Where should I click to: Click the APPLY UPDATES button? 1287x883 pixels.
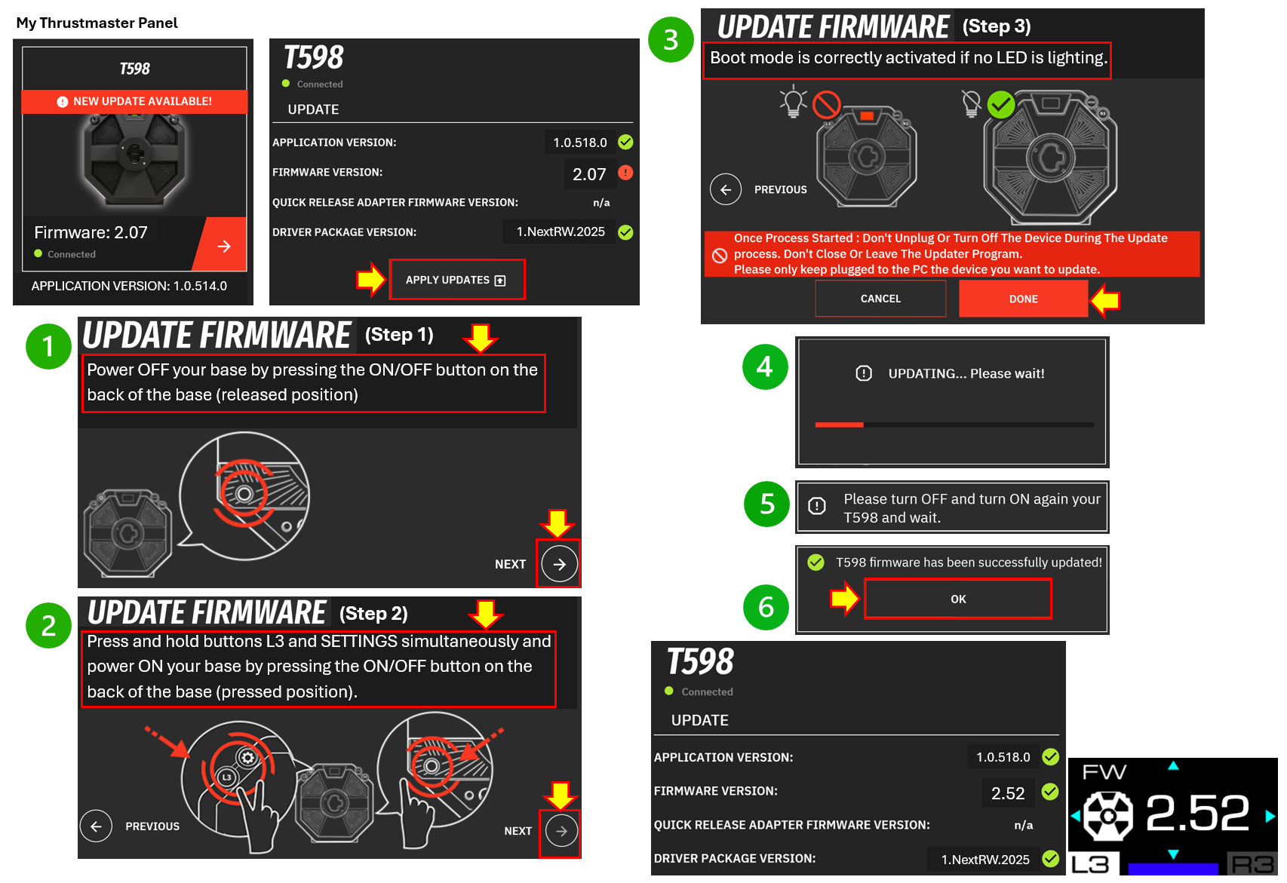(x=456, y=280)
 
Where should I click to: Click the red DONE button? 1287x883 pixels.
(x=1023, y=299)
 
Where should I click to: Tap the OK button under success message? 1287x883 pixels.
(x=957, y=599)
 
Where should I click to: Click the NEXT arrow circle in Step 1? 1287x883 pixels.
(x=559, y=564)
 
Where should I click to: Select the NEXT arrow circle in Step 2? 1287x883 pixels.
(x=561, y=831)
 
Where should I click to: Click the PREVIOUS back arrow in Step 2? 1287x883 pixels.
(x=97, y=826)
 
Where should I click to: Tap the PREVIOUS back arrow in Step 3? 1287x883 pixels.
(x=726, y=189)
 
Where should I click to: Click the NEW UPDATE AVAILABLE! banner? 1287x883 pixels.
(x=134, y=101)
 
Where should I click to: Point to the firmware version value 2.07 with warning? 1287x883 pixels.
(x=588, y=174)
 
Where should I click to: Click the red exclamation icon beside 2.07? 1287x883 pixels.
(x=625, y=173)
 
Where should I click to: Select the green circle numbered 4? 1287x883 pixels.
(x=765, y=367)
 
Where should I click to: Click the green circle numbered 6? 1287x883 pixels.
(x=766, y=607)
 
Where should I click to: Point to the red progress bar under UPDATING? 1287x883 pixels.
(x=839, y=425)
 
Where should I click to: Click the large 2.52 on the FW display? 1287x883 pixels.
(x=1196, y=814)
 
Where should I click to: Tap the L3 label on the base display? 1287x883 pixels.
(x=1091, y=864)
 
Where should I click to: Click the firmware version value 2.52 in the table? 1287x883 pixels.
(x=1007, y=793)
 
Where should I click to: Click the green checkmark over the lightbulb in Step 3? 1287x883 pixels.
(x=1001, y=105)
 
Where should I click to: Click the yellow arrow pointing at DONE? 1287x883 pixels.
(x=1105, y=300)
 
